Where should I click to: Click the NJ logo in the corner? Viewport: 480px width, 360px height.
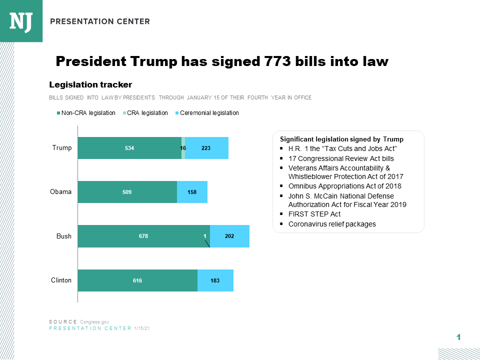(x=21, y=21)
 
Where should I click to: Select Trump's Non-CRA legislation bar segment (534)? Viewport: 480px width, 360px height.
(x=129, y=148)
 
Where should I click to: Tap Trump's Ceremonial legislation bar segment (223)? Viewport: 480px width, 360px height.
(x=206, y=148)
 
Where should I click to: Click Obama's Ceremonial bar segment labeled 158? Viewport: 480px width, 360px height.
(x=192, y=192)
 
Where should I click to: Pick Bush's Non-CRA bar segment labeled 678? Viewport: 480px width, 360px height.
(x=143, y=236)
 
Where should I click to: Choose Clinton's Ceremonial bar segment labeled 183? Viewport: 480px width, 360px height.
(x=215, y=280)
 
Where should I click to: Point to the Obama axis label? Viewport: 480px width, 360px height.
(x=61, y=192)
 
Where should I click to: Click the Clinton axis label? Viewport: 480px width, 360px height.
(x=61, y=280)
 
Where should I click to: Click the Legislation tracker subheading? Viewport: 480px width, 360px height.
(x=90, y=84)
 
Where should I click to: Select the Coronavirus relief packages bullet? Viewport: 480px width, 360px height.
(x=332, y=224)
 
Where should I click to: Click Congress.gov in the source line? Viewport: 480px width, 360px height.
(x=94, y=321)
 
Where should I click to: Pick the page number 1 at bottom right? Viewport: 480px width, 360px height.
(x=458, y=337)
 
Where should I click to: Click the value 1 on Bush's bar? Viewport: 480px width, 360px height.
(x=204, y=236)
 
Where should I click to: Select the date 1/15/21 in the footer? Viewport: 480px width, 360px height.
(x=142, y=328)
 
